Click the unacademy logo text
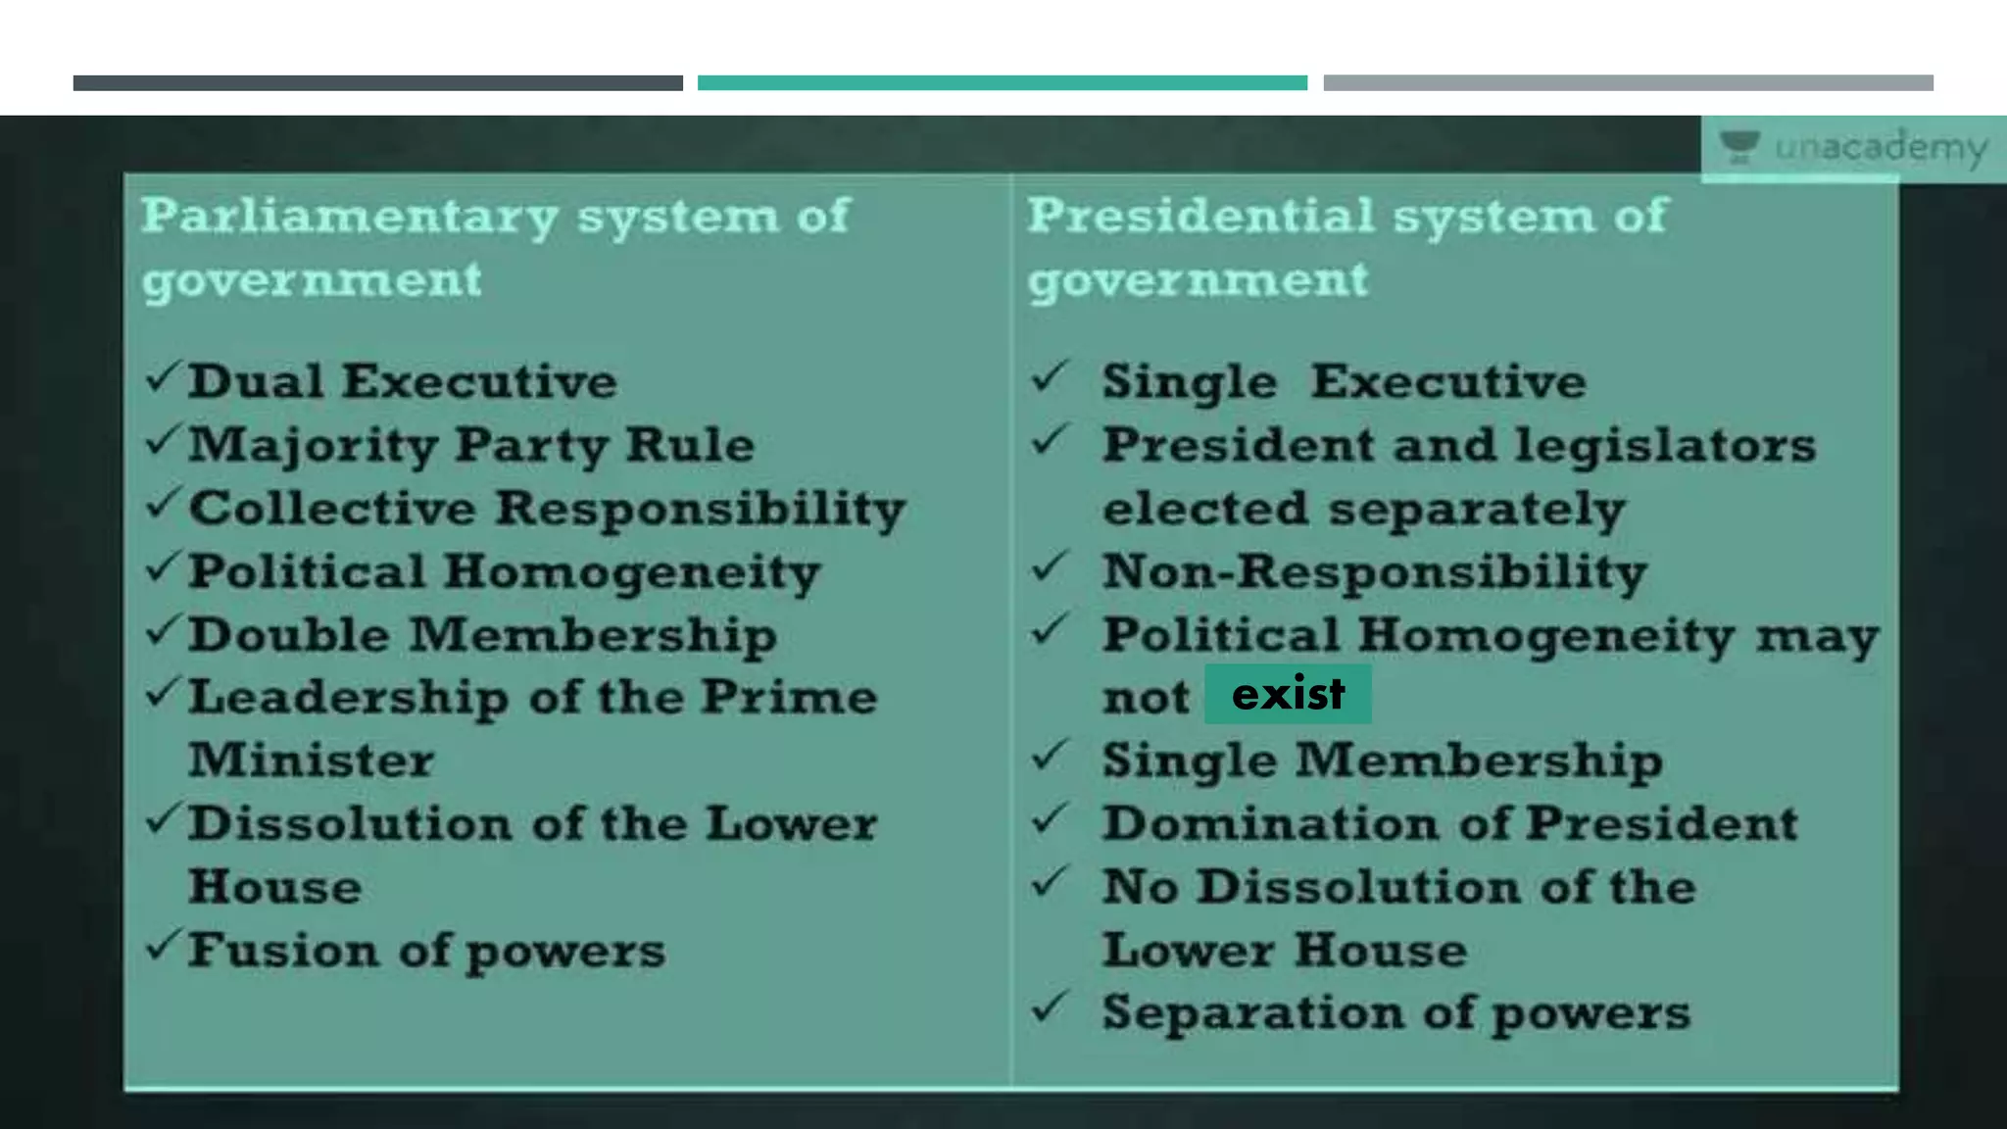pyautogui.click(x=1880, y=148)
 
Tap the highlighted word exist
pyautogui.click(x=1288, y=695)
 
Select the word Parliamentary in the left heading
pyautogui.click(x=350, y=217)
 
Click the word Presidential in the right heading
pyautogui.click(x=1200, y=216)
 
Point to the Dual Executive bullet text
pyautogui.click(x=402, y=381)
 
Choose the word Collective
pyautogui.click(x=332, y=509)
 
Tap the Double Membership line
pyautogui.click(x=482, y=635)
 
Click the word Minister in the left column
pyautogui.click(x=311, y=761)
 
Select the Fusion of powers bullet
pyautogui.click(x=426, y=951)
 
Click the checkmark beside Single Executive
pyautogui.click(x=1049, y=377)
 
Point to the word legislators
pyautogui.click(x=1665, y=445)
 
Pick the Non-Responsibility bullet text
pyautogui.click(x=1374, y=571)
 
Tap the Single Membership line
pyautogui.click(x=1382, y=761)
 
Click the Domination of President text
pyautogui.click(x=1449, y=823)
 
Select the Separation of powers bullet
pyautogui.click(x=1395, y=1012)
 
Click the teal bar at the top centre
pyautogui.click(x=1002, y=83)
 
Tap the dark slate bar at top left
pyautogui.click(x=377, y=83)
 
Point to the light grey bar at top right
pyautogui.click(x=1628, y=83)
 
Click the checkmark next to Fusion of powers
pyautogui.click(x=163, y=946)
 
